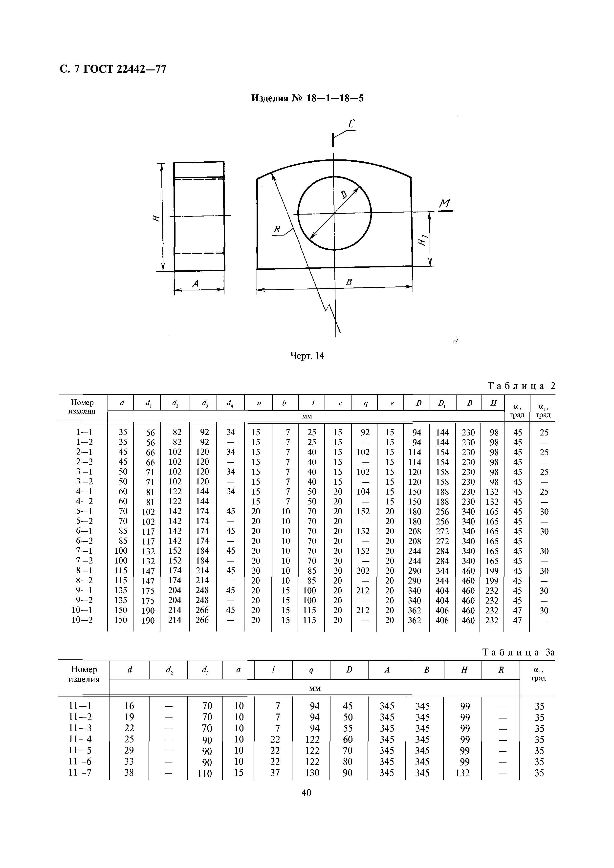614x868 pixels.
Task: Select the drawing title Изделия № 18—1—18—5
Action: tap(307, 98)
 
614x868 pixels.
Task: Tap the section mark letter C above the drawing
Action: tap(351, 124)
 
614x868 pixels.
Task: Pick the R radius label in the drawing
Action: tap(278, 229)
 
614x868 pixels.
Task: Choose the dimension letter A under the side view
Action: tap(196, 283)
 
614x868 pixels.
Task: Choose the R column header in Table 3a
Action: tap(501, 670)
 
